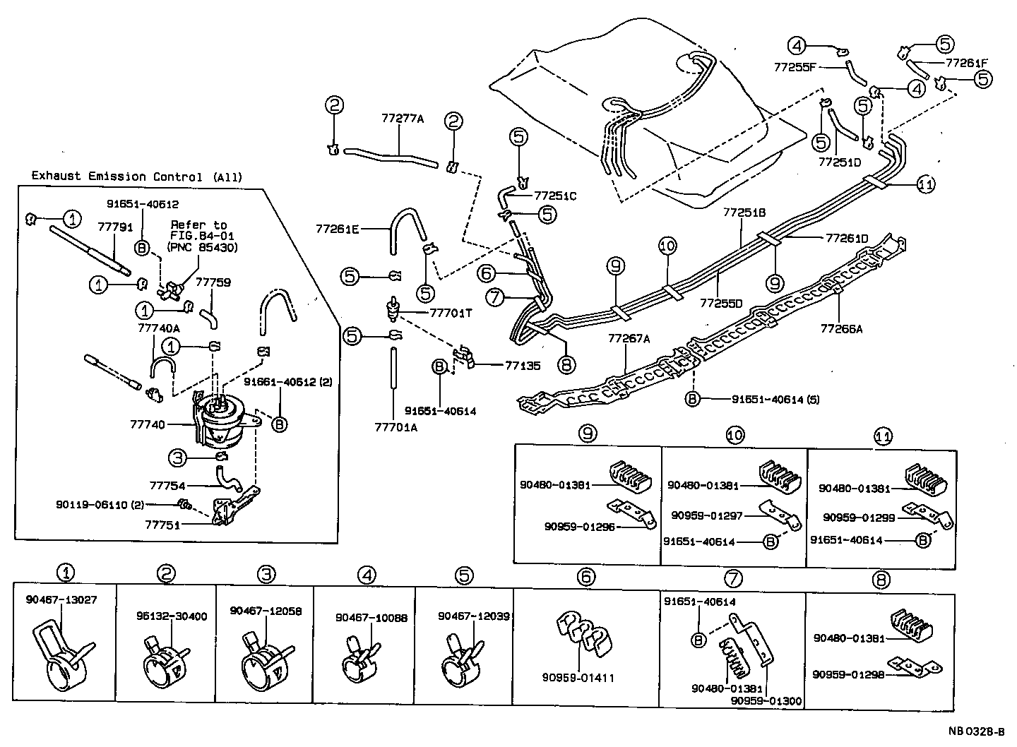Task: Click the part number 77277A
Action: point(403,119)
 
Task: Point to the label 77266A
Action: point(841,328)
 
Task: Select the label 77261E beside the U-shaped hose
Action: point(337,229)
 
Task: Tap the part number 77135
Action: point(523,365)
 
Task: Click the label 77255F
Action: point(795,68)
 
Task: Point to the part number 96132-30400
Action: point(172,616)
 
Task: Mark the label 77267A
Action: point(629,338)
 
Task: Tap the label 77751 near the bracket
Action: point(162,525)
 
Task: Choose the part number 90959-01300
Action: point(766,701)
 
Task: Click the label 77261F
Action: point(967,63)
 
